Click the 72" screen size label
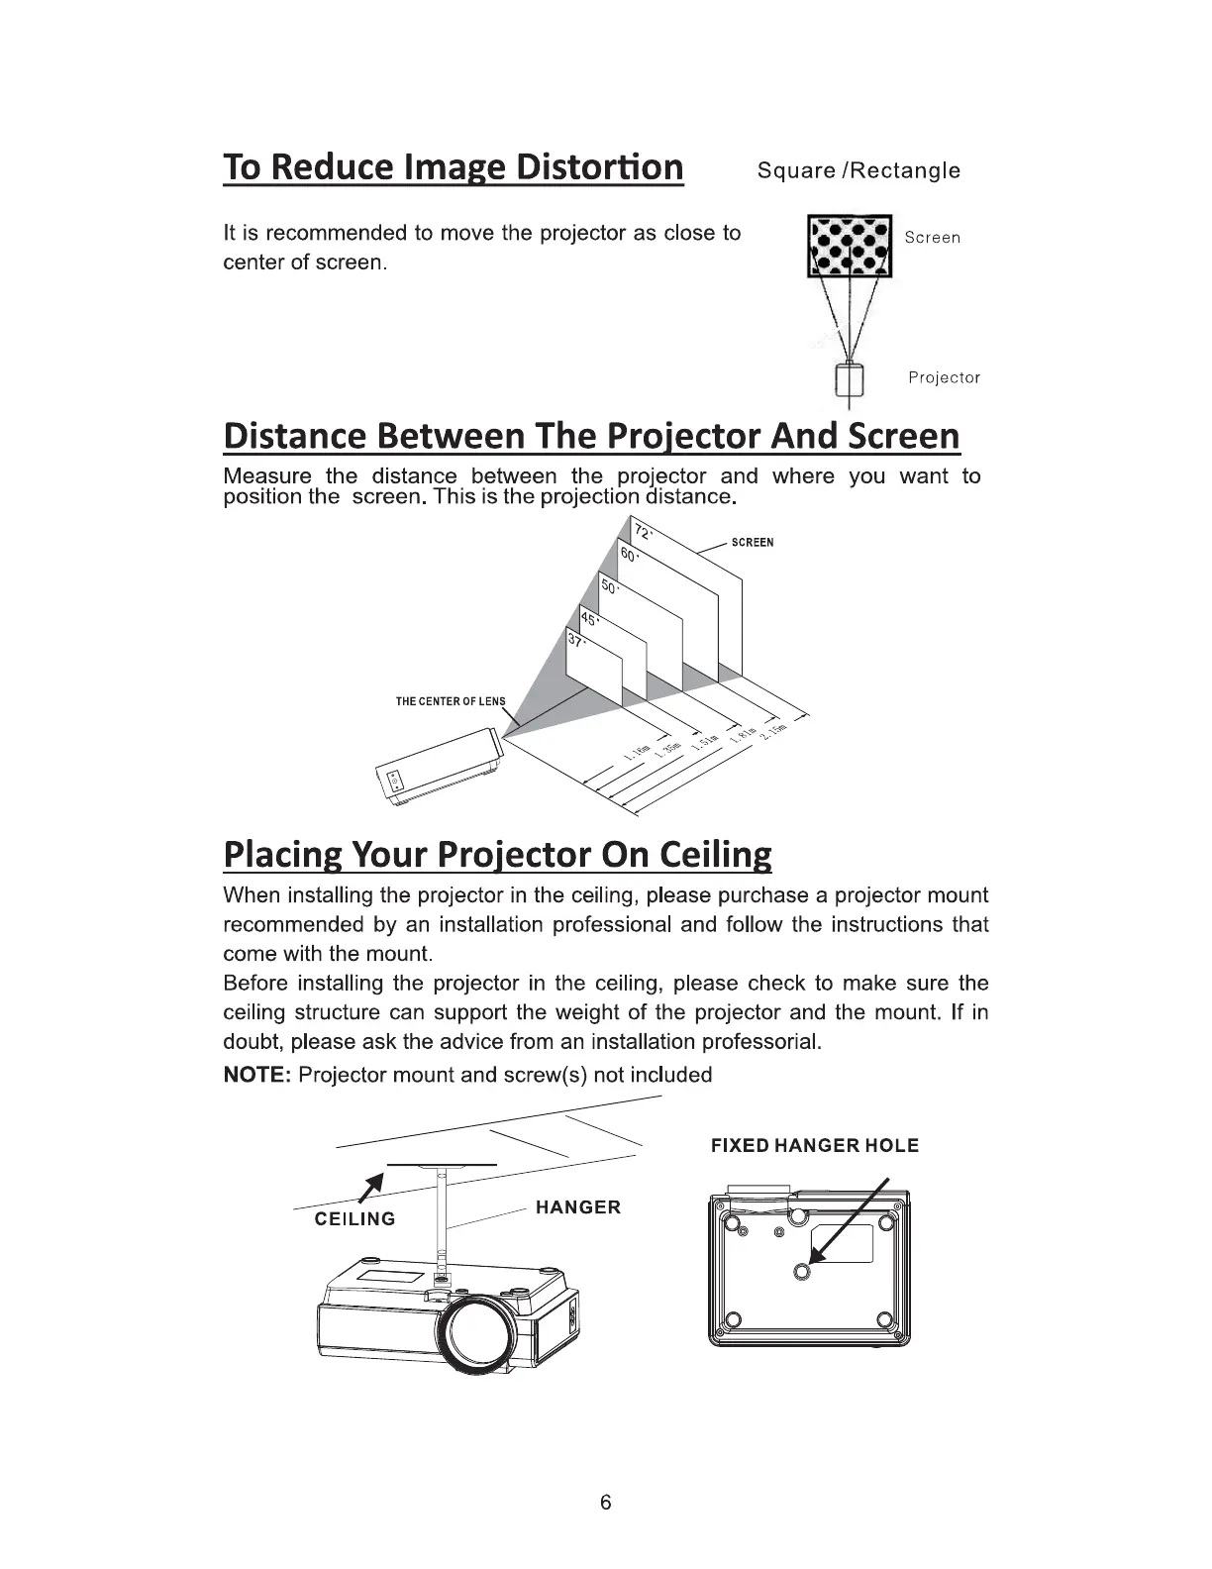643,532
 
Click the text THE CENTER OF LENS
450,701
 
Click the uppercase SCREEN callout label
752,543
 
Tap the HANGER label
577,1207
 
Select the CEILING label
354,1219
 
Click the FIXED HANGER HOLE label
815,1146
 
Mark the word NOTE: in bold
256,1076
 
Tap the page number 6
606,1503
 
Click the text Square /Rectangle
858,170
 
